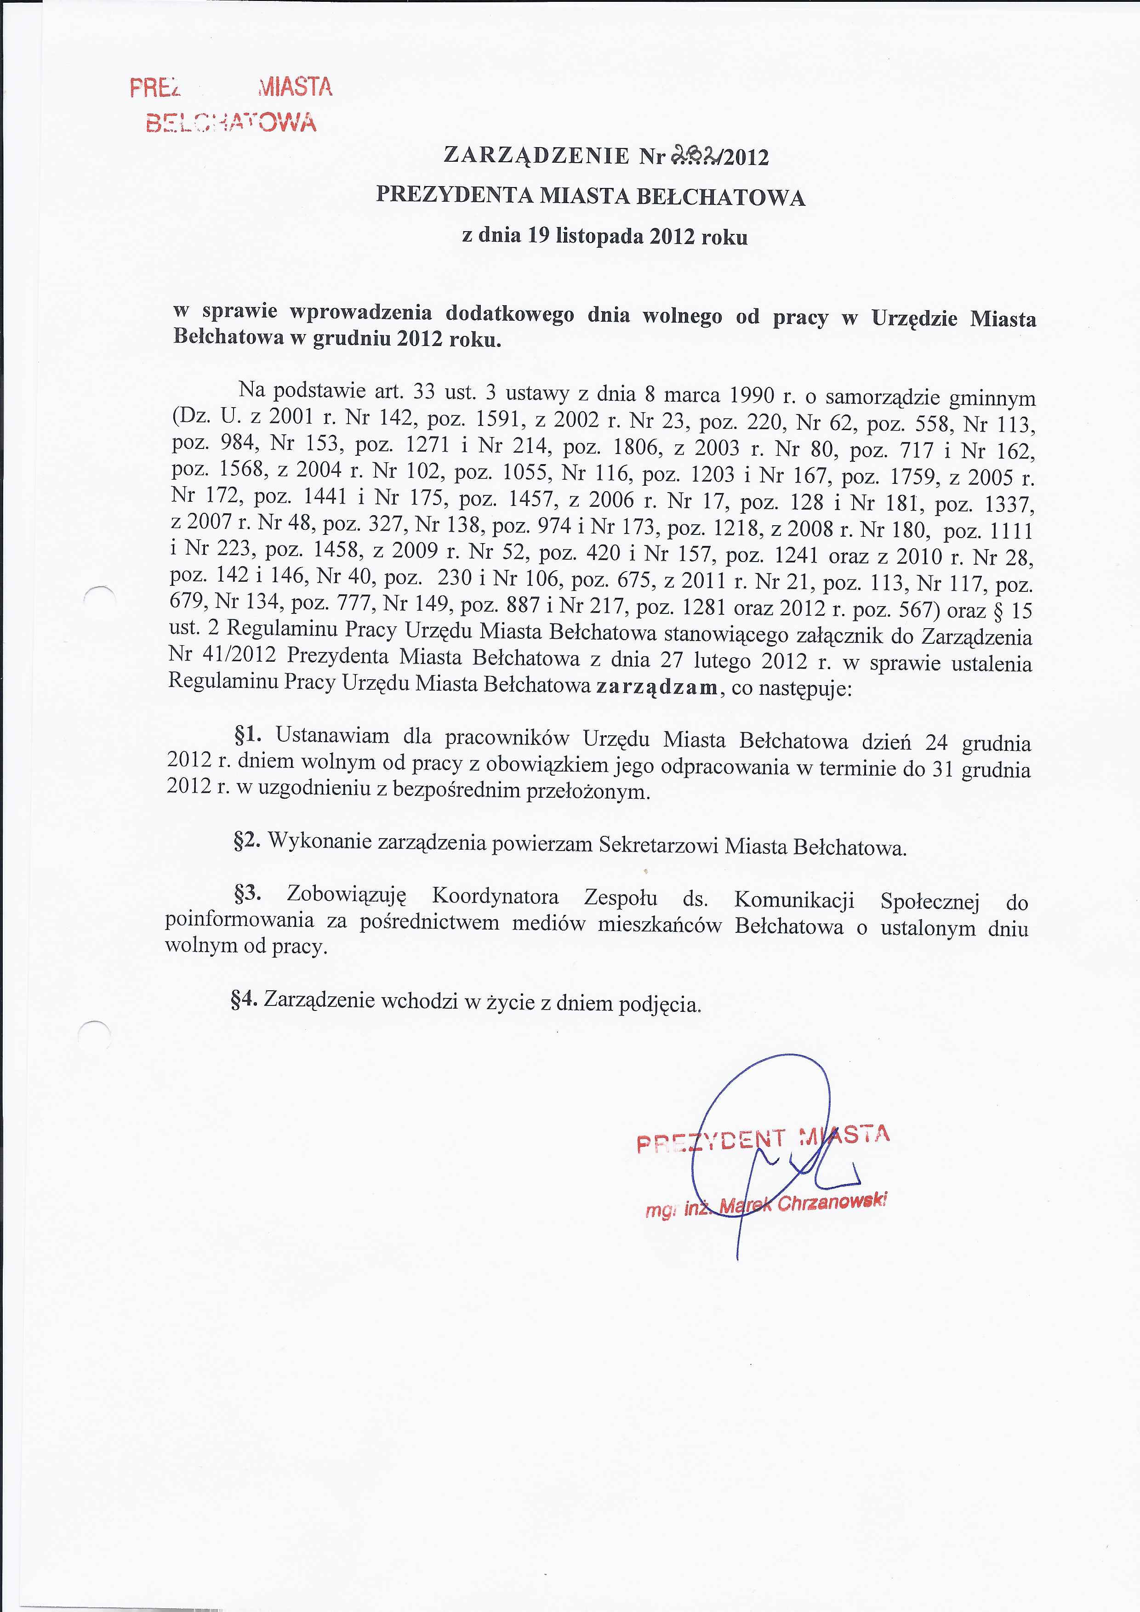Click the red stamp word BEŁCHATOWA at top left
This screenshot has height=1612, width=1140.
click(231, 122)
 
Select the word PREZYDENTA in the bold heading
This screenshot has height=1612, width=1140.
click(455, 194)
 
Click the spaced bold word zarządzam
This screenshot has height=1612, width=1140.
click(657, 687)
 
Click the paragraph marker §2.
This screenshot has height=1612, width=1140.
click(247, 840)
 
